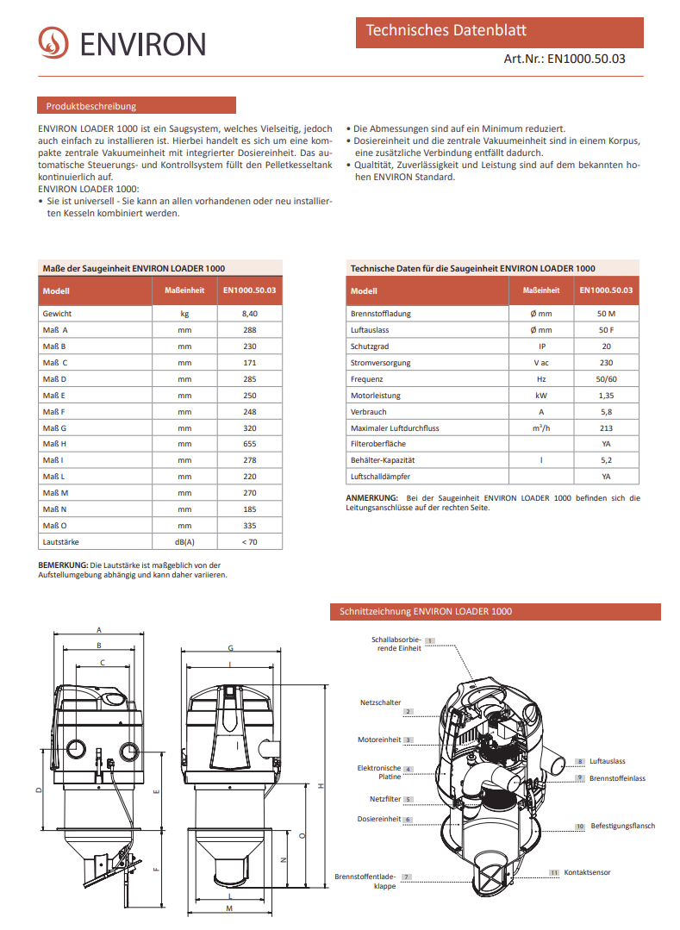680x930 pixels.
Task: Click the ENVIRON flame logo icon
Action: point(53,42)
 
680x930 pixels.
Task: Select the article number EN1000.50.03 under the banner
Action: point(586,59)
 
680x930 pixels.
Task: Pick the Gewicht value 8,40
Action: point(250,314)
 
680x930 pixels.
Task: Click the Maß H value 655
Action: point(250,444)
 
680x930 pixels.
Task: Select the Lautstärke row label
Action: point(62,542)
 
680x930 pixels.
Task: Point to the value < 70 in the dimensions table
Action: point(250,542)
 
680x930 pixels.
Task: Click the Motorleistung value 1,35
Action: point(606,396)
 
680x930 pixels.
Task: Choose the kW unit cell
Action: point(541,396)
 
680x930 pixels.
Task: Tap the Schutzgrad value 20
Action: point(606,346)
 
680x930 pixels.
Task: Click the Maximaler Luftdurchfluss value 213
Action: point(606,428)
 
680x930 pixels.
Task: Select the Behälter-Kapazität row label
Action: point(383,460)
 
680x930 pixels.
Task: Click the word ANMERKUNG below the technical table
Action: point(371,498)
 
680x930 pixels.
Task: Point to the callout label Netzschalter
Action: point(380,703)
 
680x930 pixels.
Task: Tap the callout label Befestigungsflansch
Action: point(622,826)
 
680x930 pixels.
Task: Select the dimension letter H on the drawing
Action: point(319,785)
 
